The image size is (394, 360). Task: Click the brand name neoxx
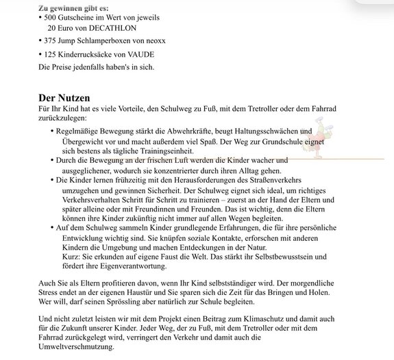[176, 41]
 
